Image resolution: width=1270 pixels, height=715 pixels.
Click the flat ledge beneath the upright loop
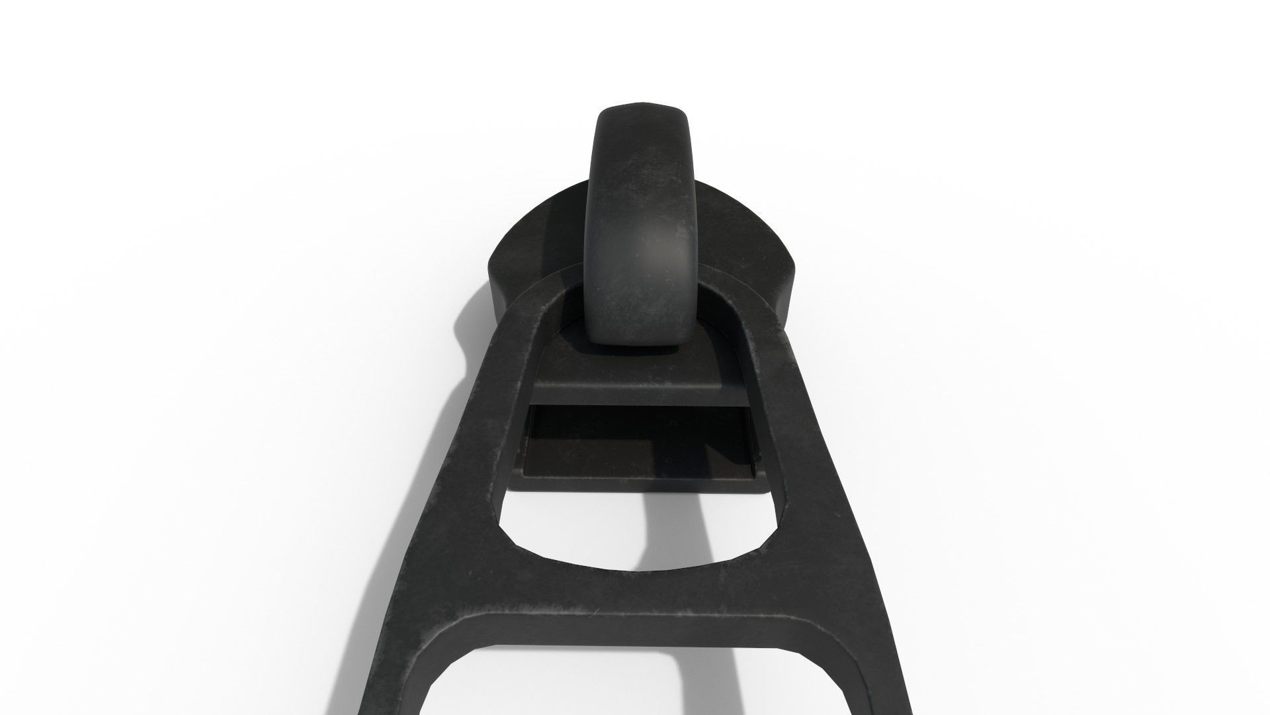click(x=638, y=387)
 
